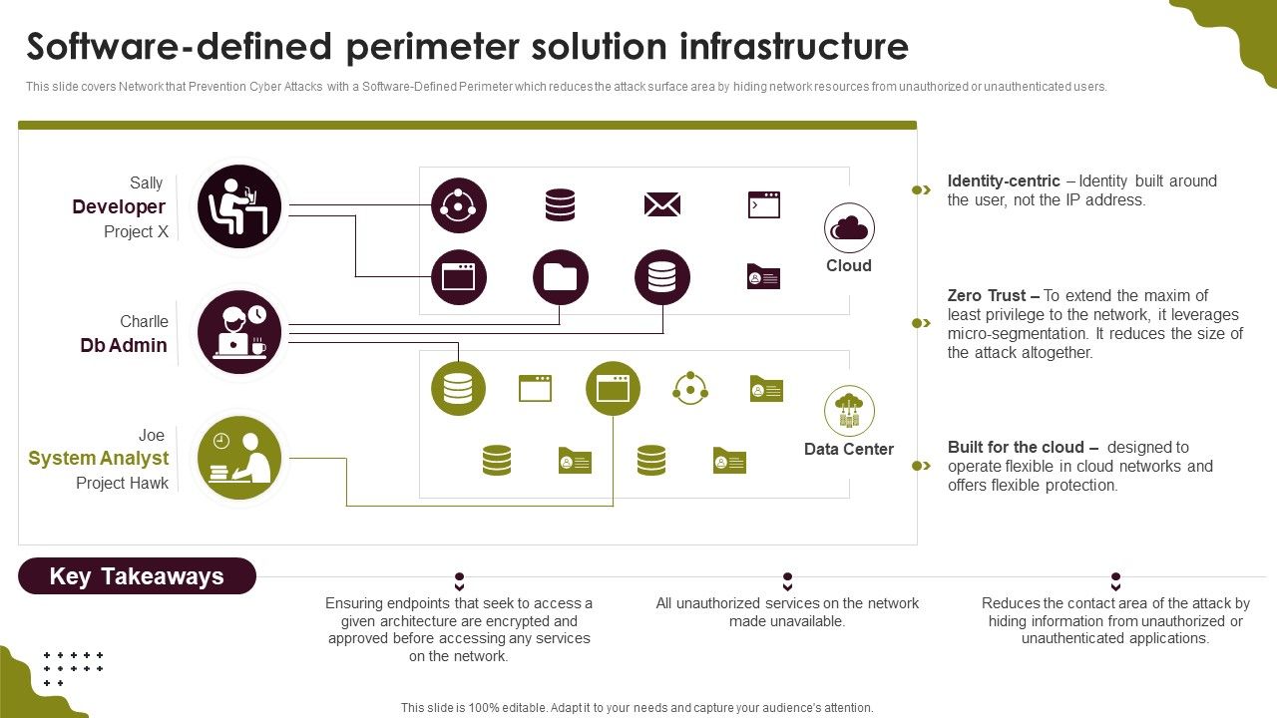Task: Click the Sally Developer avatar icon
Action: [x=239, y=206]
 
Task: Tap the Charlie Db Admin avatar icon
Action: [x=239, y=332]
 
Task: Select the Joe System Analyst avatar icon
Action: [x=239, y=457]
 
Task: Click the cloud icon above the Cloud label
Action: [x=849, y=228]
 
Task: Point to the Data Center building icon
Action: [x=849, y=411]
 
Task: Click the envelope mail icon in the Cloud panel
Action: [x=662, y=205]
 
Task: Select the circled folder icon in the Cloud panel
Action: [x=561, y=277]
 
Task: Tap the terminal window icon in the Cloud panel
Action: [x=764, y=205]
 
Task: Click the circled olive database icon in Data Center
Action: [x=458, y=389]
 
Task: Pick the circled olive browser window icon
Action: [x=613, y=389]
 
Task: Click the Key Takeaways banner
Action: [x=137, y=576]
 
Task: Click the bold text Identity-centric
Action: [x=1004, y=181]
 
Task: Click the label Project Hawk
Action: [x=123, y=483]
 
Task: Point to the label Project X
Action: [x=136, y=231]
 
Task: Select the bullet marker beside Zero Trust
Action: [x=921, y=323]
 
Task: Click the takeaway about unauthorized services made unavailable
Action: [x=787, y=612]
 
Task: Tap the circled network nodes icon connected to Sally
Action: [x=459, y=205]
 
